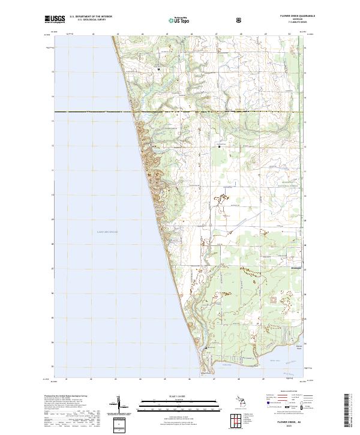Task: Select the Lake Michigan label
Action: click(107, 231)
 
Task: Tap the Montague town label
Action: click(296, 268)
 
